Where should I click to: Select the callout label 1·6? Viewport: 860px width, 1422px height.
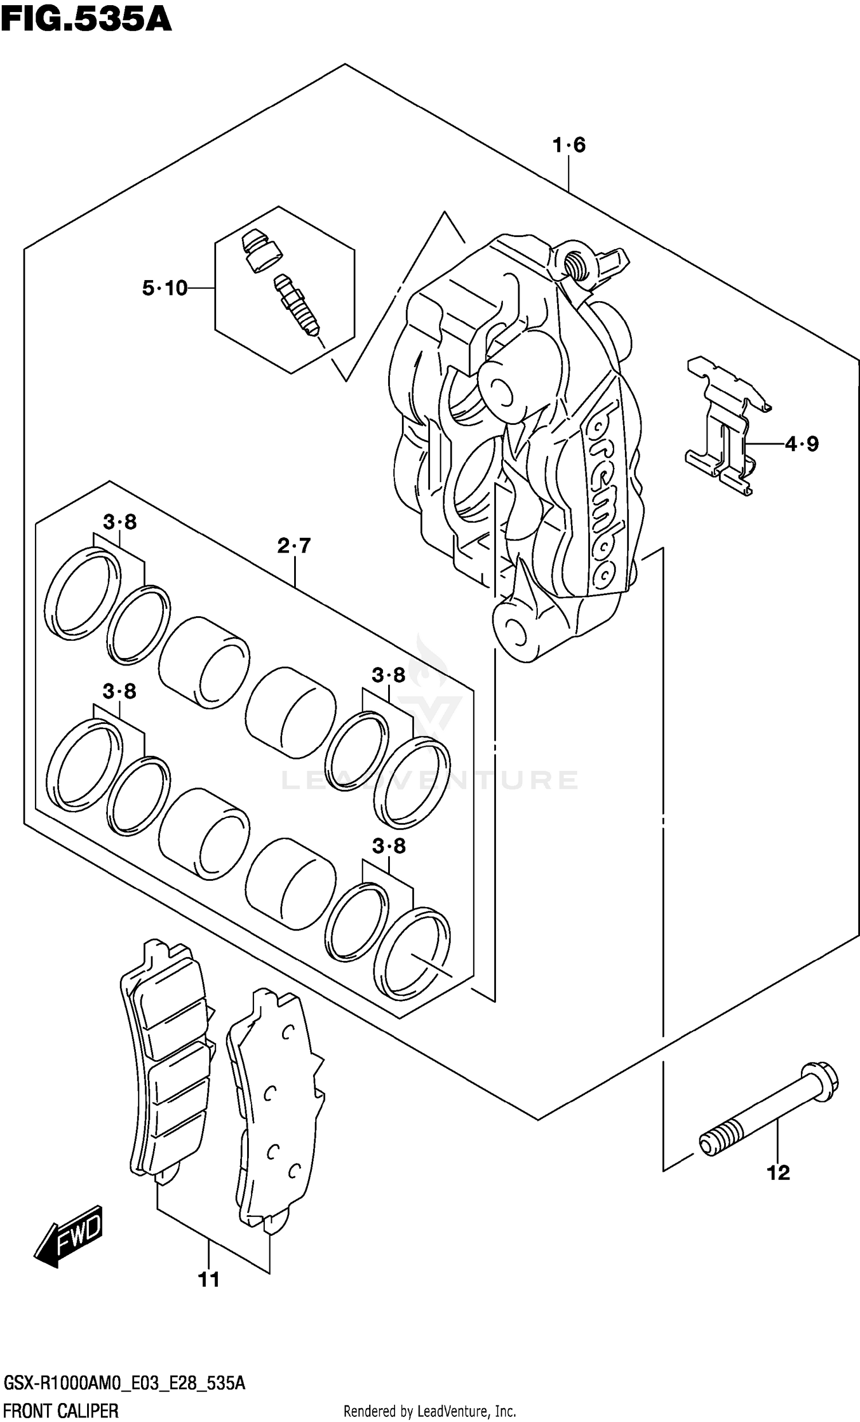[x=569, y=145]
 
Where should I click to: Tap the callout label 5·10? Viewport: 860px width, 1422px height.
[x=165, y=288]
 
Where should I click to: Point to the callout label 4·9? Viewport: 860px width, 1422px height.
[x=802, y=444]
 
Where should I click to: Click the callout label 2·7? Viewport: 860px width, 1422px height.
[x=294, y=545]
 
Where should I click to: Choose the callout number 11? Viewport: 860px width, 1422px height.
[x=209, y=1280]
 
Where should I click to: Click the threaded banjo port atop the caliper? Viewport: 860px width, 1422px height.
[x=574, y=263]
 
